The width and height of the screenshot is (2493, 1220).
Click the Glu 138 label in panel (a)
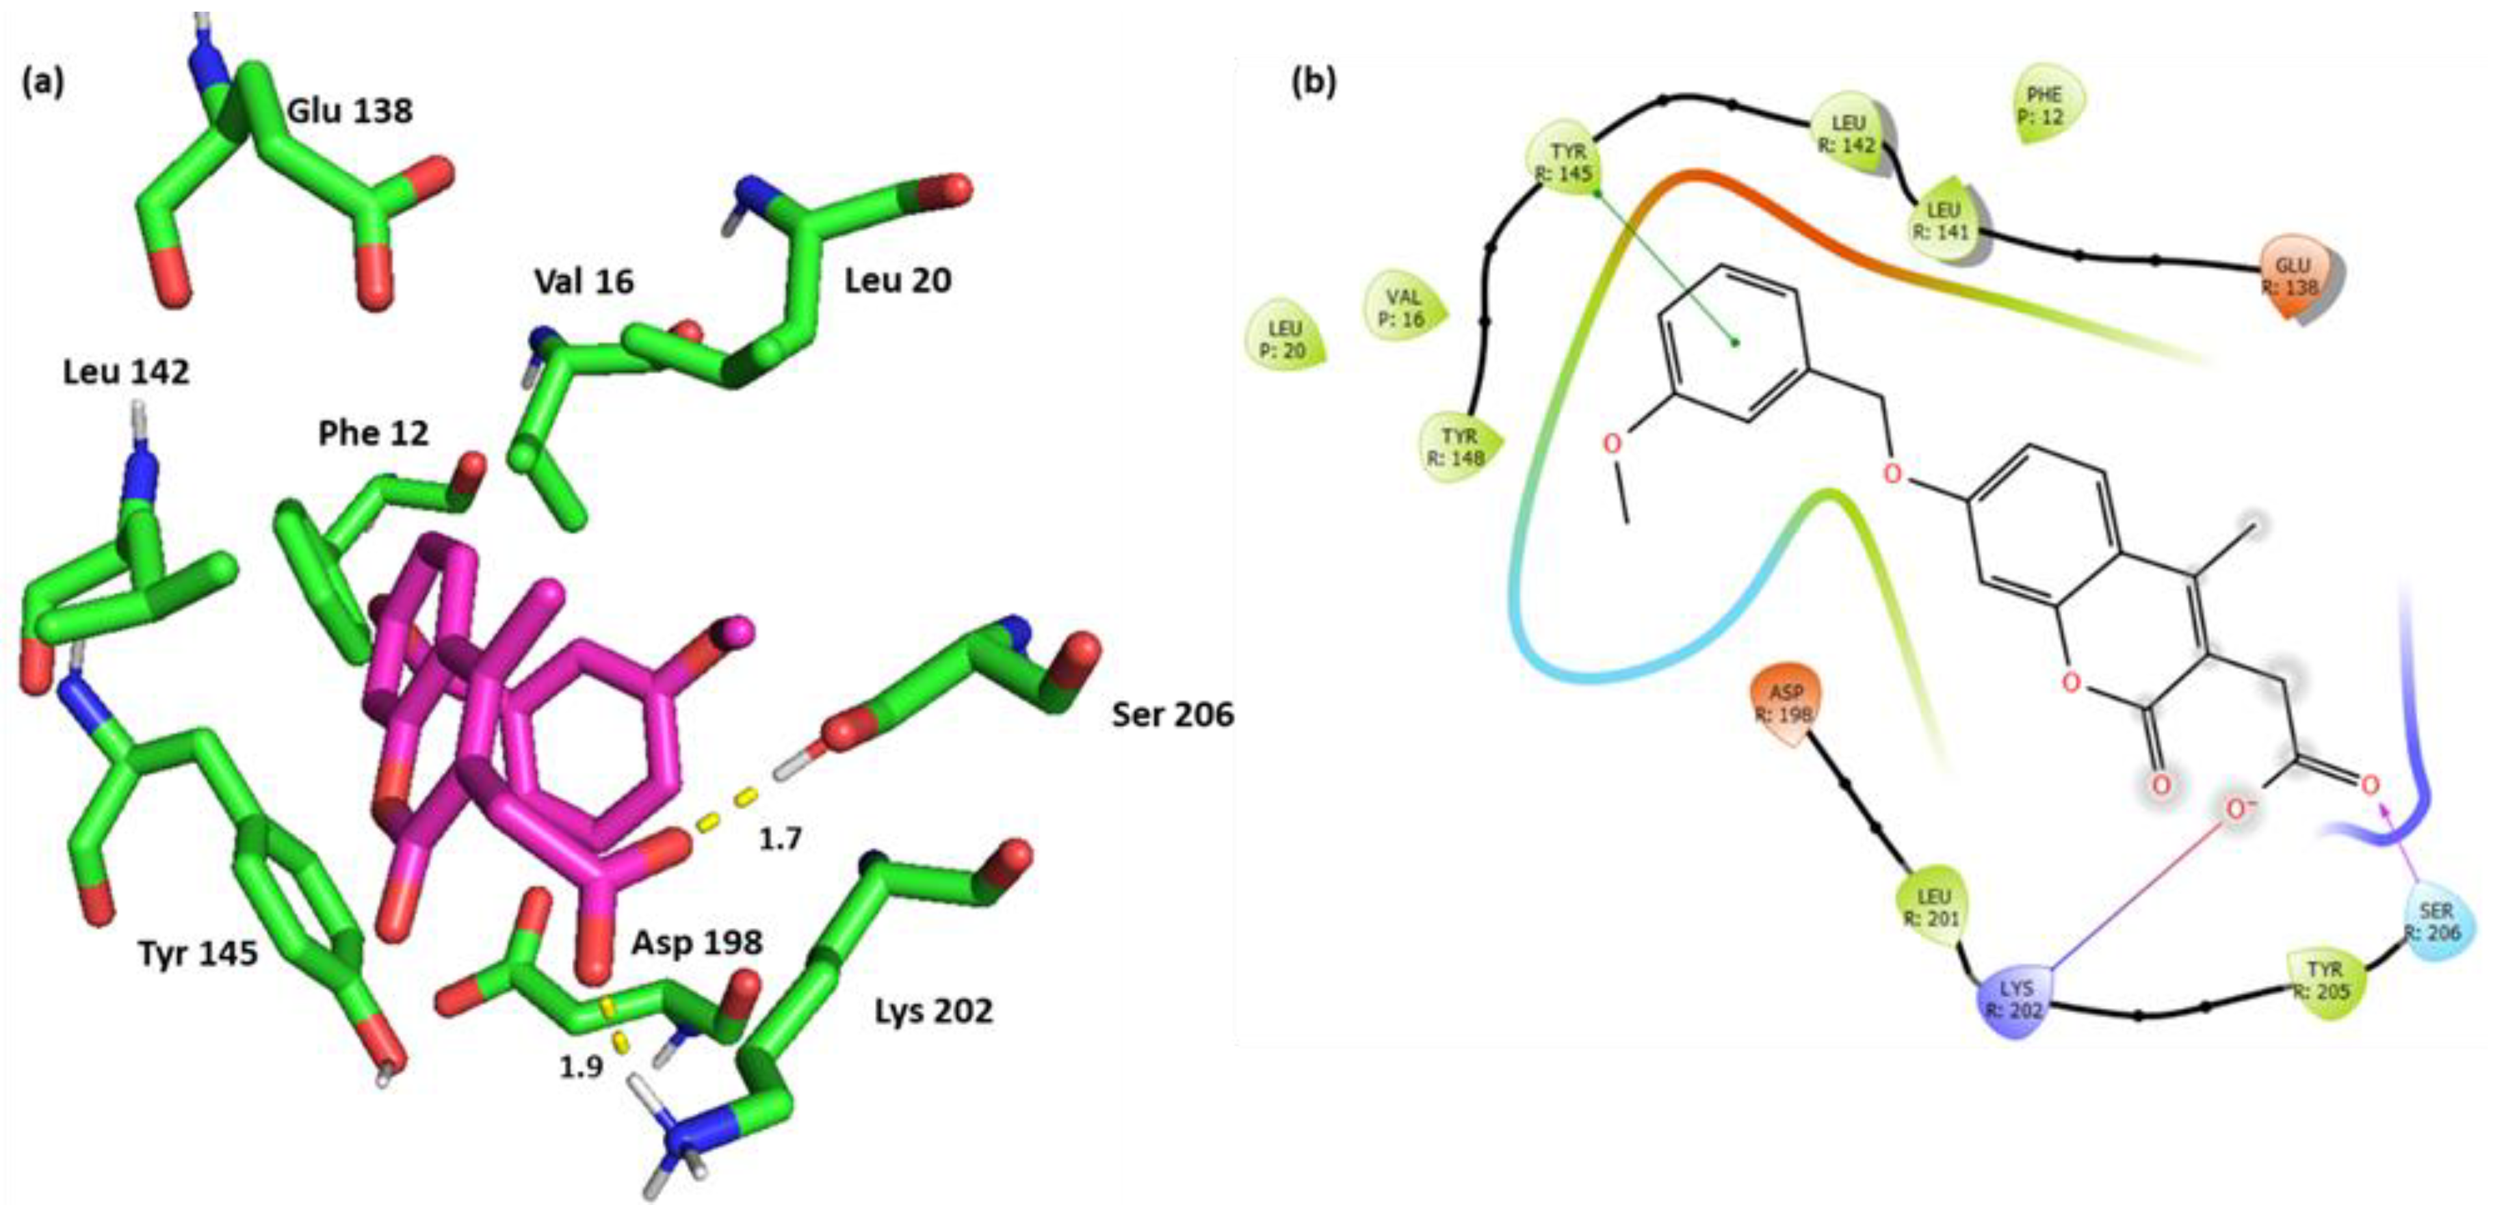(x=350, y=111)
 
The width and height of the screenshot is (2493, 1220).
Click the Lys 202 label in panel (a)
(x=933, y=1011)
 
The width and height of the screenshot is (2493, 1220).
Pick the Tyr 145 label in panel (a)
(x=198, y=954)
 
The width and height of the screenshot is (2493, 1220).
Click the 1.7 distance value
(x=780, y=839)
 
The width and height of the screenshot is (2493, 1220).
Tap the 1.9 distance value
(x=581, y=1066)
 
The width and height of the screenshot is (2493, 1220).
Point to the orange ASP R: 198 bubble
(x=1786, y=704)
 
